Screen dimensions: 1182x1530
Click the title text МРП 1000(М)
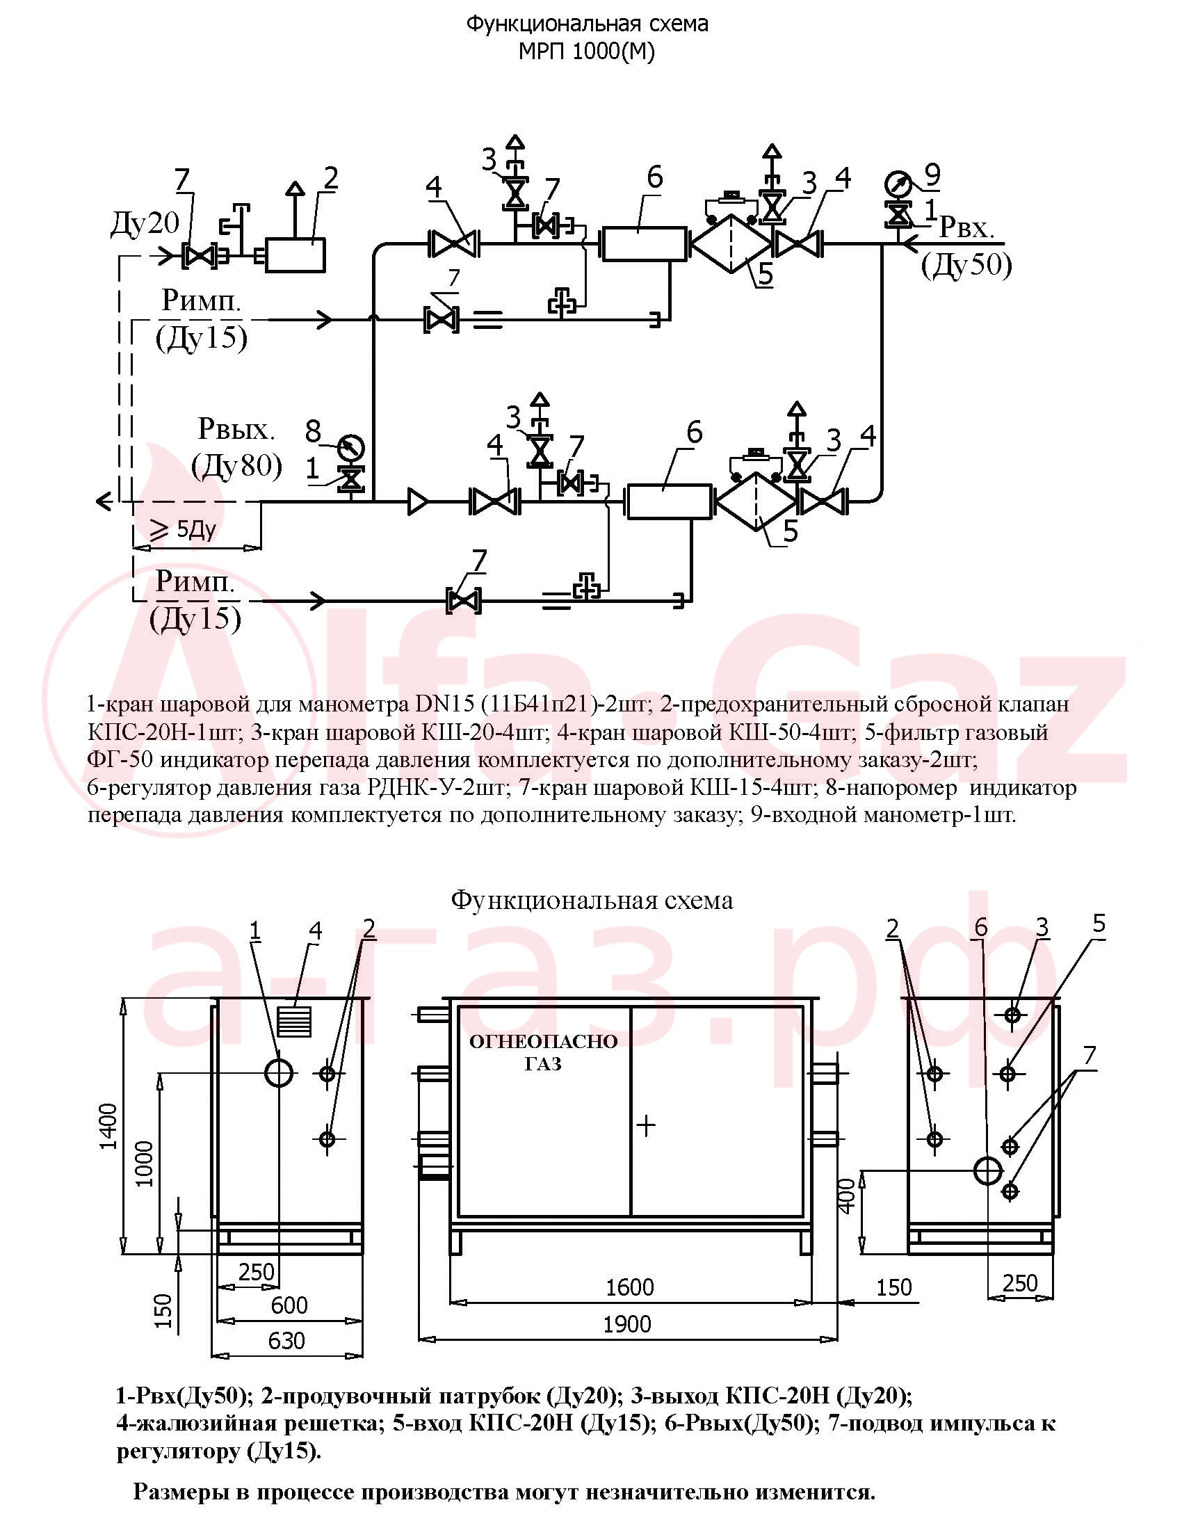(x=587, y=52)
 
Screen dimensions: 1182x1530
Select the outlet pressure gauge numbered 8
(x=351, y=447)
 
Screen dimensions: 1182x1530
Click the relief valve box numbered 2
(x=295, y=255)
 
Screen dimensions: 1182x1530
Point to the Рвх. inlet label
(x=966, y=227)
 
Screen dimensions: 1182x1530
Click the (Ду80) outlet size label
(x=237, y=466)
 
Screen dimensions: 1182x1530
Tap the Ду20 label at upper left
(x=145, y=223)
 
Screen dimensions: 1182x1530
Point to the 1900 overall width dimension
(x=627, y=1323)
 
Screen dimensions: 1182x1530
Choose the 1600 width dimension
(x=629, y=1287)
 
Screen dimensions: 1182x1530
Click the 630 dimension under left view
(x=286, y=1340)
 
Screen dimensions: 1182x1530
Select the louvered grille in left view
(x=294, y=1022)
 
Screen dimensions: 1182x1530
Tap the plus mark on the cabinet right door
(x=646, y=1126)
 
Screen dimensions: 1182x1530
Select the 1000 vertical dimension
(x=143, y=1163)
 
